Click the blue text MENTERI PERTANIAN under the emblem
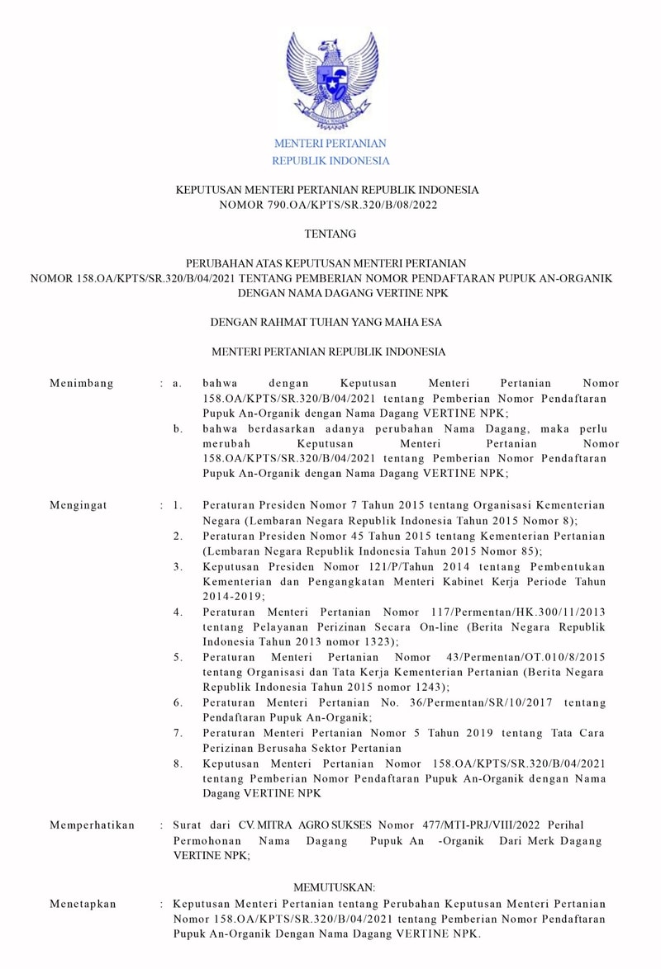pyautogui.click(x=330, y=144)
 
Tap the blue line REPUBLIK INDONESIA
pyautogui.click(x=330, y=161)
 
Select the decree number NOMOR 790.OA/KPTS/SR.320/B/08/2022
pyautogui.click(x=330, y=205)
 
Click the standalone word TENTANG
pyautogui.click(x=330, y=234)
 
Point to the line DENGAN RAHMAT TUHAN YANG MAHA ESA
pyautogui.click(x=330, y=322)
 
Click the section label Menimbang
pyautogui.click(x=82, y=384)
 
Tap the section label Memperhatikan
pyautogui.click(x=92, y=825)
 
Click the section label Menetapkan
pyautogui.click(x=83, y=905)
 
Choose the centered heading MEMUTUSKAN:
pyautogui.click(x=330, y=887)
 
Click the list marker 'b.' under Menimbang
pyautogui.click(x=178, y=429)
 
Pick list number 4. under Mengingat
pyautogui.click(x=178, y=612)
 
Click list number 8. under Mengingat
pyautogui.click(x=178, y=763)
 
